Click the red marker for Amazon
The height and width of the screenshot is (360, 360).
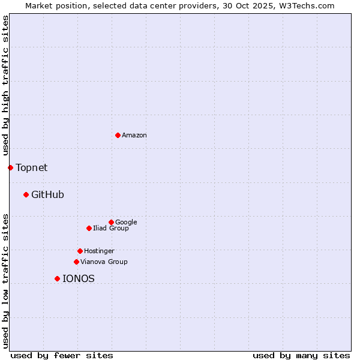[x=118, y=135]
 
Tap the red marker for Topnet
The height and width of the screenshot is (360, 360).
[x=10, y=167]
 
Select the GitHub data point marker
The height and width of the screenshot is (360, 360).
[x=26, y=194]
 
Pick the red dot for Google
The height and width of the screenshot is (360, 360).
[x=111, y=222]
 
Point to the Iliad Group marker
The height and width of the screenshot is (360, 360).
[x=89, y=228]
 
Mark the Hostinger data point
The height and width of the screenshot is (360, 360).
[x=80, y=251]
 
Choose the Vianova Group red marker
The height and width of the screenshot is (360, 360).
[x=76, y=262]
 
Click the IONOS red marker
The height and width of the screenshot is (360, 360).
[x=57, y=278]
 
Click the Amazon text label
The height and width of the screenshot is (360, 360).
[x=134, y=136]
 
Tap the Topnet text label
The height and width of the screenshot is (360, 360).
[x=31, y=168]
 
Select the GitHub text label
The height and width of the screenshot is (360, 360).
[x=47, y=195]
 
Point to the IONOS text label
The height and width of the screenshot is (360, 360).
[x=79, y=279]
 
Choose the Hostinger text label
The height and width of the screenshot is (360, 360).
[x=99, y=251]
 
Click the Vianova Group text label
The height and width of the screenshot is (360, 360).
[x=104, y=262]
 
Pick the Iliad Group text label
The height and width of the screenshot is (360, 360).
[x=111, y=229]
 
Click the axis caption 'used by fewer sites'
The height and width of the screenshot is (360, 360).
[x=62, y=355]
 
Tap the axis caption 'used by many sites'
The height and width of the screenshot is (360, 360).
[x=301, y=355]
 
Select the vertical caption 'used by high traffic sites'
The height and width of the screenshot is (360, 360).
[x=5, y=86]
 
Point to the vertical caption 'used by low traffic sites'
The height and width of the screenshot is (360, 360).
[x=5, y=280]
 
